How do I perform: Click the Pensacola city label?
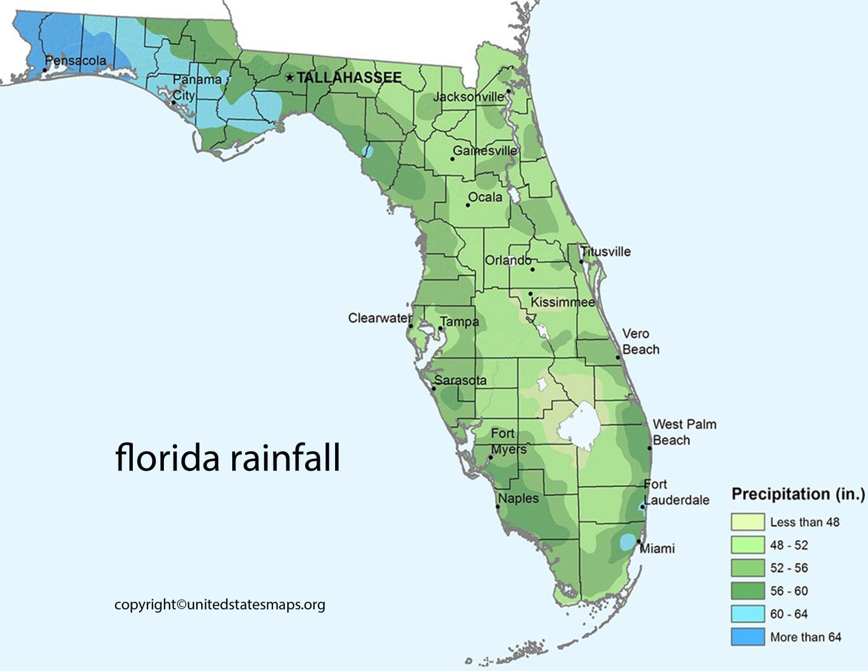pos(76,60)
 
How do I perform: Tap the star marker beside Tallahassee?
pos(290,77)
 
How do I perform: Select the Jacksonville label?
pos(468,97)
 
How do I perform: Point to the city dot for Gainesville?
pos(453,159)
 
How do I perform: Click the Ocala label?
pos(485,197)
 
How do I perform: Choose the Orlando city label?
pos(507,260)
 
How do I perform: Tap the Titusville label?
pos(606,252)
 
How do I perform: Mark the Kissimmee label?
pos(562,302)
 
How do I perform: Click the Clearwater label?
pos(379,318)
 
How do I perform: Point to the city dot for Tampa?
pos(440,328)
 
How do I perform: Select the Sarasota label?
pos(461,380)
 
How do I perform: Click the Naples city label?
pos(518,499)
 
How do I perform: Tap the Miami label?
pos(657,548)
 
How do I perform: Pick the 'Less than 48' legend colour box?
pos(747,522)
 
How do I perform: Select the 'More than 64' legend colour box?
pos(747,637)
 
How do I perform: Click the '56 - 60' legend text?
pos(789,591)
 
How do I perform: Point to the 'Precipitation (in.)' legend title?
pos(798,494)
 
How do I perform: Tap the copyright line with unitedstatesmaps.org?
pos(220,605)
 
